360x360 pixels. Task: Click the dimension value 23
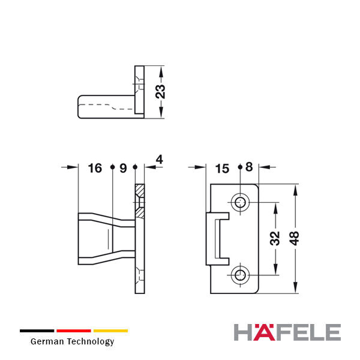tap(160, 92)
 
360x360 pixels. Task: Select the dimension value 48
tap(295, 238)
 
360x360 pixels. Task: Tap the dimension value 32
tap(275, 238)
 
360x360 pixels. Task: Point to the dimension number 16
tap(95, 168)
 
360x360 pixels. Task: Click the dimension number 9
tap(123, 168)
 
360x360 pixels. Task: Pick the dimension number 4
tap(160, 160)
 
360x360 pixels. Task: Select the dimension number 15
tap(222, 169)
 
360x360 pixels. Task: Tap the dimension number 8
tap(249, 167)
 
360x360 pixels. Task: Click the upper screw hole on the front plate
tap(240, 203)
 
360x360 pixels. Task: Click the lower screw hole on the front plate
tap(240, 275)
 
